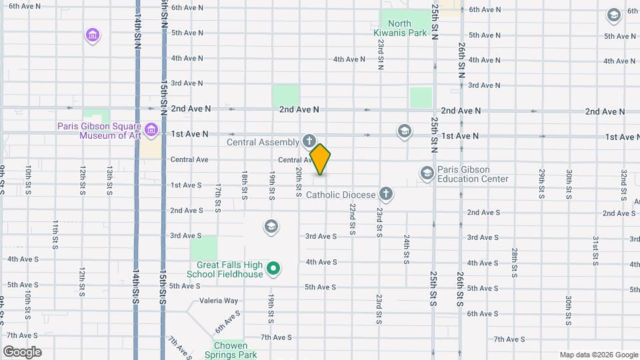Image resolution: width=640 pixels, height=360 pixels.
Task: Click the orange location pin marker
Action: [x=321, y=159]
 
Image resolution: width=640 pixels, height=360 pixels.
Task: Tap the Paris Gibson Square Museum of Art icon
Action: [x=151, y=129]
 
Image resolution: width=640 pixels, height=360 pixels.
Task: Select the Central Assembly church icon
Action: [x=309, y=141]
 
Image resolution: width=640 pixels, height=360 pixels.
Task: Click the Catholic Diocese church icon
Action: [x=385, y=194]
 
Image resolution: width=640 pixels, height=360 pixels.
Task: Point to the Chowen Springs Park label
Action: [x=230, y=350]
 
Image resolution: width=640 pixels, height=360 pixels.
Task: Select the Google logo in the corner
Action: [x=23, y=352]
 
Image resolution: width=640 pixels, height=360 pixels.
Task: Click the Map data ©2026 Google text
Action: [x=597, y=355]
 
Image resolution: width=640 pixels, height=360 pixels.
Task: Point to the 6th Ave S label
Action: [x=482, y=313]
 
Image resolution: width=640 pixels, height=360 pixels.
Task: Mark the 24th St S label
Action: [x=405, y=249]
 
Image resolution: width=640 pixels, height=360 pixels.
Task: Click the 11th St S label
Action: [x=55, y=233]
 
